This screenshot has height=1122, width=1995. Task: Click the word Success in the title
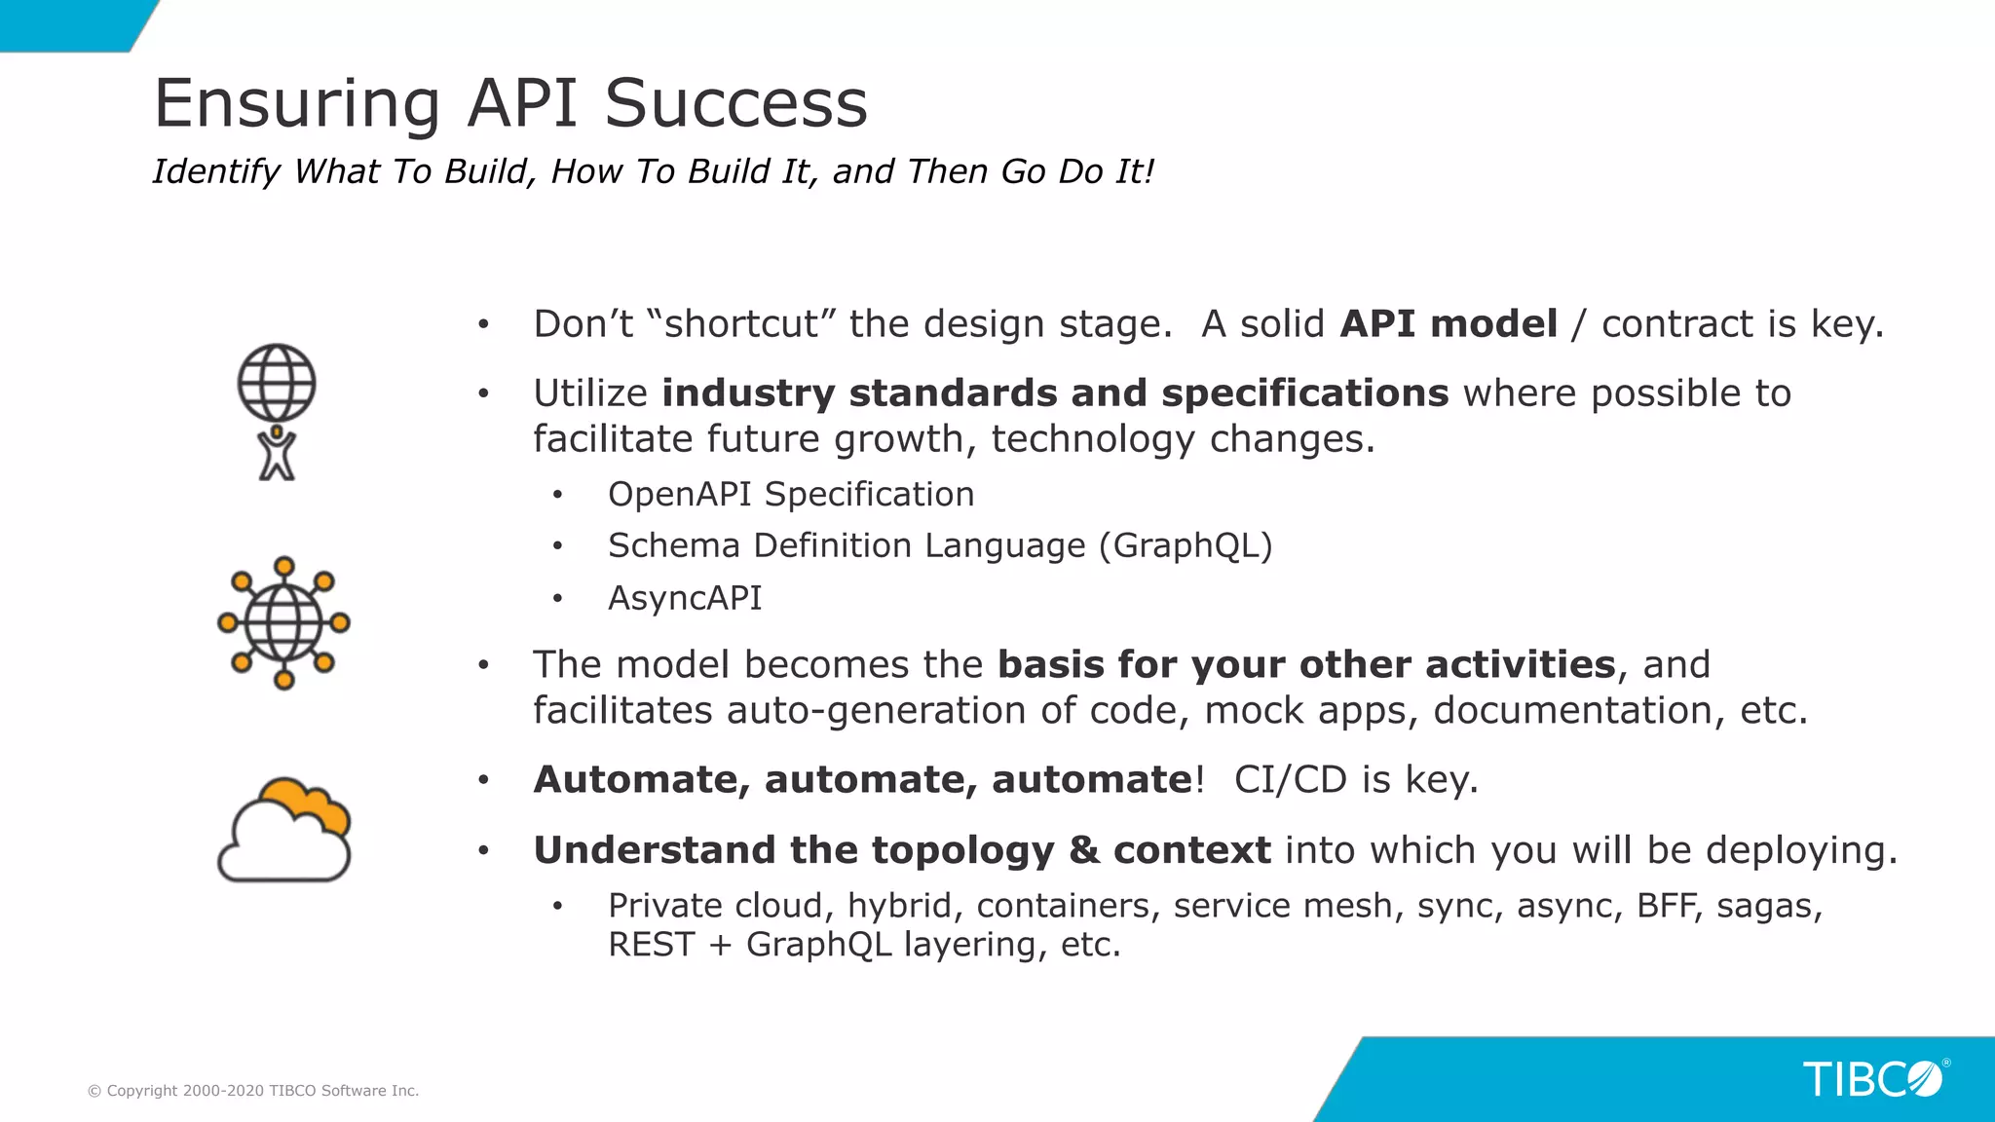point(735,103)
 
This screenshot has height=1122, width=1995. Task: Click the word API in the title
point(521,103)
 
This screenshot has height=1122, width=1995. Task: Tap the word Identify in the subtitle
point(216,171)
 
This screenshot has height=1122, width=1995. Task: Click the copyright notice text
point(253,1091)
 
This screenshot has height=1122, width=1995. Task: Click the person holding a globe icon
point(277,412)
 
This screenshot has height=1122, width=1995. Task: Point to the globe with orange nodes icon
point(283,623)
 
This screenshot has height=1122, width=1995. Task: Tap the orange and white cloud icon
point(283,831)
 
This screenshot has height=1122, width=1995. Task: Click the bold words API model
point(1449,324)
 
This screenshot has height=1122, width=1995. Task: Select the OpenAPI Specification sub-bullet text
point(790,495)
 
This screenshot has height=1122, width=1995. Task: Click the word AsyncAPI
point(685,598)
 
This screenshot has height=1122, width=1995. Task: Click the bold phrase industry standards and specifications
point(1055,393)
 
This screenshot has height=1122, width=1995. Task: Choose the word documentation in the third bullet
point(1571,711)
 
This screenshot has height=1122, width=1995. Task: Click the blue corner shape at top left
point(68,23)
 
